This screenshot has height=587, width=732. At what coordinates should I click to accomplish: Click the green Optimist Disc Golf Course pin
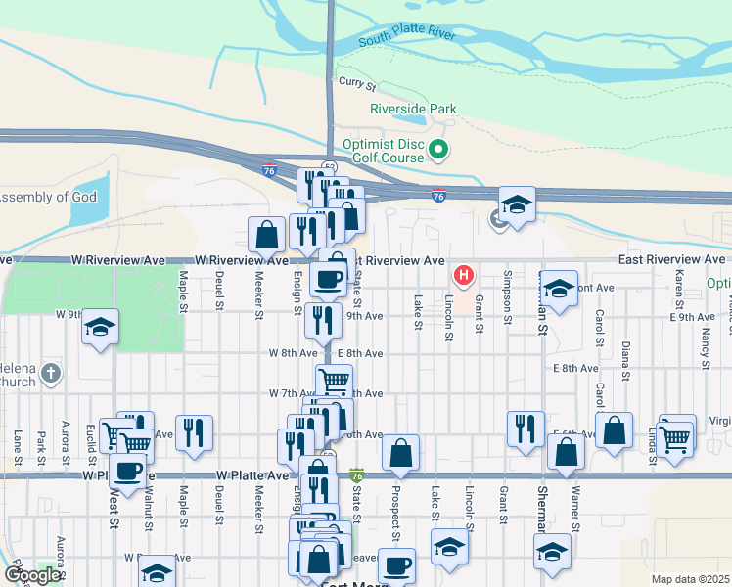(439, 151)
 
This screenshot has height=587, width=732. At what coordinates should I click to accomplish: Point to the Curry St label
(351, 83)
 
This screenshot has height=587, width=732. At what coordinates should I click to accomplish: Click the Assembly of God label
(49, 198)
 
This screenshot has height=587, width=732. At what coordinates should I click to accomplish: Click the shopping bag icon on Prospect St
(400, 452)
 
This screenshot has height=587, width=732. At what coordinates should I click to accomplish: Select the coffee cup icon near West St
(127, 471)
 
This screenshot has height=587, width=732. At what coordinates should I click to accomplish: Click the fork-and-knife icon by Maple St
(194, 431)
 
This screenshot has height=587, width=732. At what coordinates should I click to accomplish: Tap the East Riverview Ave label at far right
(670, 259)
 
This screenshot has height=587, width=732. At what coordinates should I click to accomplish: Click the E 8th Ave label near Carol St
(574, 368)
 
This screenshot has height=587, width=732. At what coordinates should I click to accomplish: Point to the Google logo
(31, 575)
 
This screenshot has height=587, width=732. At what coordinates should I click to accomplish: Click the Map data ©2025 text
(690, 579)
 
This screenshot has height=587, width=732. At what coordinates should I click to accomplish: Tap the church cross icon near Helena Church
(51, 373)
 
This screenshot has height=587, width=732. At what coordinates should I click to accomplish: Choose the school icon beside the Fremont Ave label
(558, 289)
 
